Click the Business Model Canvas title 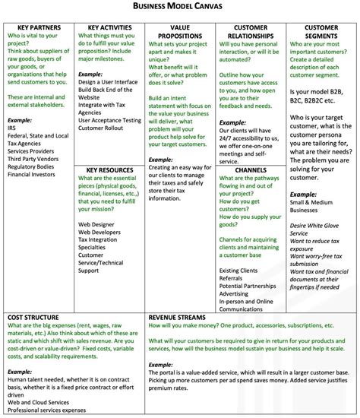pyautogui.click(x=179, y=7)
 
